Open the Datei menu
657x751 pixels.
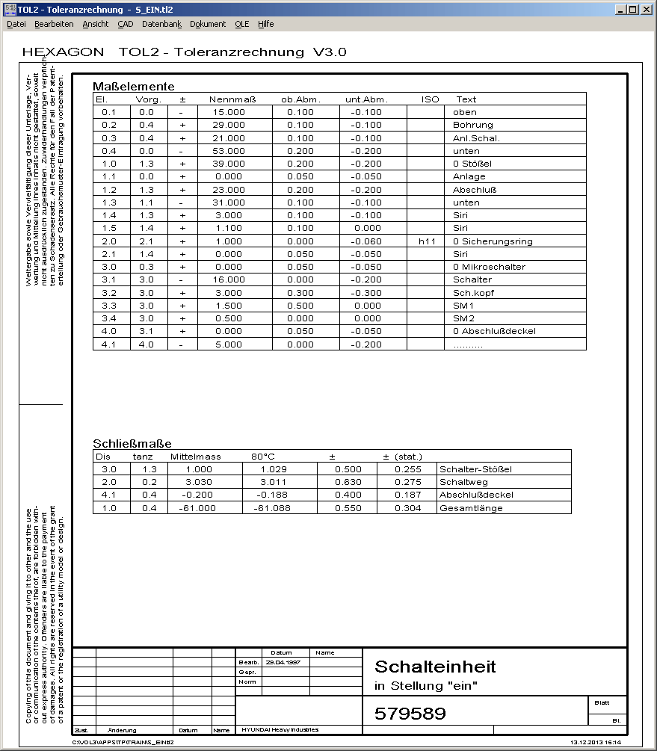point(16,24)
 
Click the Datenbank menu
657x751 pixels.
point(161,24)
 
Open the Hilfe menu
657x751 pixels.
point(266,24)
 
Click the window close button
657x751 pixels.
point(647,10)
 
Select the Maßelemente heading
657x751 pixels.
point(134,86)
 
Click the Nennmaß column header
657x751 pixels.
point(233,99)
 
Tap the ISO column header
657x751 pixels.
point(431,99)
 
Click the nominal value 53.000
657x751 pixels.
point(228,151)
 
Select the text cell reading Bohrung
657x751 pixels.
point(473,125)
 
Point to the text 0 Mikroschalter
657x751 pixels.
point(489,267)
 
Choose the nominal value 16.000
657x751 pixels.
point(228,279)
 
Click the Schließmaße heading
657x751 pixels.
point(132,442)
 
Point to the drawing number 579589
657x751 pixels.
point(410,714)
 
